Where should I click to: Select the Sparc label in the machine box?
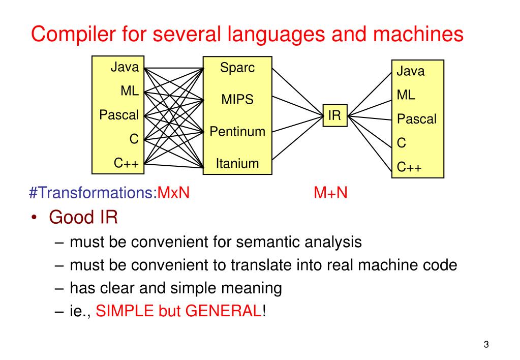tap(237, 68)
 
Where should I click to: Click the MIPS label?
tap(237, 99)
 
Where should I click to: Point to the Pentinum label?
tap(238, 131)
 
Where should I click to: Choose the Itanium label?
tap(237, 163)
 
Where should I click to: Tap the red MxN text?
tap(173, 193)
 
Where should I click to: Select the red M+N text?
tap(330, 193)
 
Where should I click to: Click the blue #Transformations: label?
tap(93, 193)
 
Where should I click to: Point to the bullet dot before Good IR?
tap(34, 218)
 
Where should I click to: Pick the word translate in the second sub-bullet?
tap(261, 265)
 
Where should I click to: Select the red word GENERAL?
tap(223, 311)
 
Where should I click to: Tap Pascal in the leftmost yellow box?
tap(118, 115)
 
